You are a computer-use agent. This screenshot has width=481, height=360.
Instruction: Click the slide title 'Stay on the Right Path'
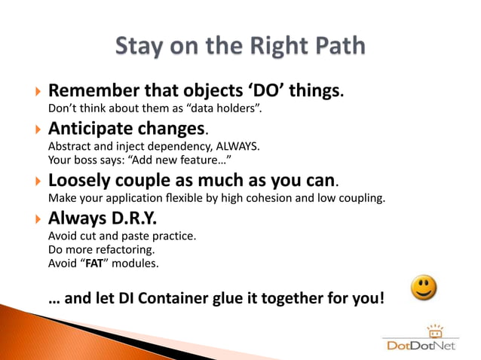click(240, 46)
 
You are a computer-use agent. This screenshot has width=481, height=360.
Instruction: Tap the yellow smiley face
click(424, 288)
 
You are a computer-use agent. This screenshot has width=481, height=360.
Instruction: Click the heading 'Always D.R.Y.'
click(102, 218)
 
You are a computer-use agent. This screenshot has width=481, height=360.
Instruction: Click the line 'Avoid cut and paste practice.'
click(121, 236)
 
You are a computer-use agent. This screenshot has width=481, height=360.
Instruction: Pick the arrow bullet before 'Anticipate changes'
click(38, 130)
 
